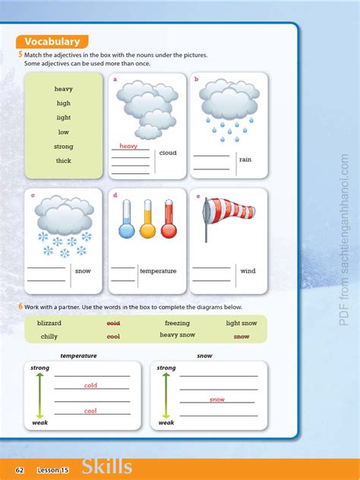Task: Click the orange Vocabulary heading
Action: [52, 42]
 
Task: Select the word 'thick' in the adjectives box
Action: [64, 160]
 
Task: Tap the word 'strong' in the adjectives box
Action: [64, 146]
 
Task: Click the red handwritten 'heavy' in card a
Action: [128, 146]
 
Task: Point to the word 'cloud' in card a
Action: [168, 153]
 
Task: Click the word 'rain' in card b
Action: [245, 159]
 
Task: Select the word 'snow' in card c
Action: [83, 270]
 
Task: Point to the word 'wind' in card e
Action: [248, 270]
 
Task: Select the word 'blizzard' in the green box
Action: [49, 323]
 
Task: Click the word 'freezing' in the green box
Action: [177, 323]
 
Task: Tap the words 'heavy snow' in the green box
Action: [177, 335]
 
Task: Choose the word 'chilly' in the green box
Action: [49, 336]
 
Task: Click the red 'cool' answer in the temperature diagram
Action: [90, 411]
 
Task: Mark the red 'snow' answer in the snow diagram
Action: [217, 399]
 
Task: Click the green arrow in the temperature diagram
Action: [39, 394]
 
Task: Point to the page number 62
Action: [21, 470]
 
